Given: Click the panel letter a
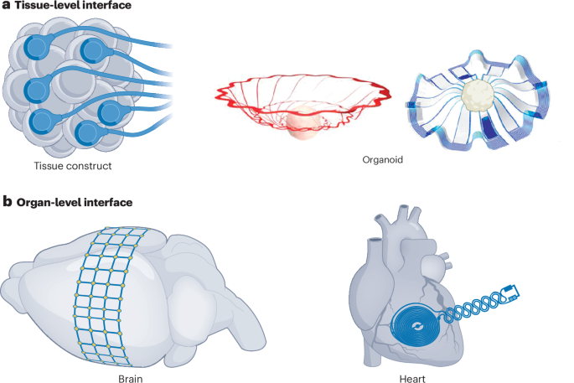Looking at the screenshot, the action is [7, 7].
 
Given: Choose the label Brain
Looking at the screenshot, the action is [130, 375].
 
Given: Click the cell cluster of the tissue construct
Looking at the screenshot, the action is [63, 88].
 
